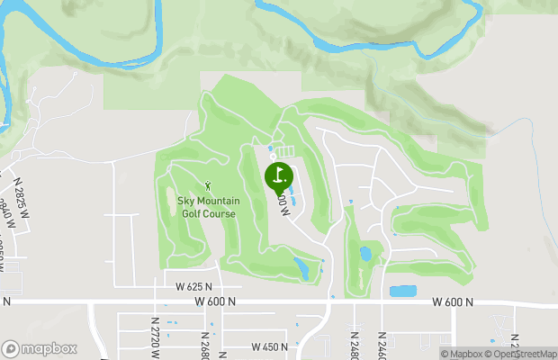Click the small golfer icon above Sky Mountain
(x=213, y=186)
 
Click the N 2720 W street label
(x=155, y=334)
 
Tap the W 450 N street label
(x=270, y=346)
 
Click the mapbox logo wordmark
(x=38, y=348)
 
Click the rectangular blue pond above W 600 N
(x=402, y=292)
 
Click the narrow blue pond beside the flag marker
(x=297, y=193)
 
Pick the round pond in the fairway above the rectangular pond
(x=365, y=254)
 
